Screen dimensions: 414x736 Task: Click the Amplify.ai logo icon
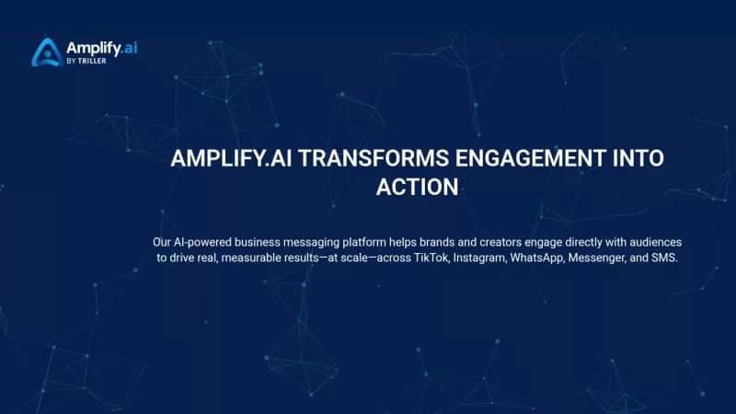[47, 52]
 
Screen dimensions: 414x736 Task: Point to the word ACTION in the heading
[417, 187]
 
